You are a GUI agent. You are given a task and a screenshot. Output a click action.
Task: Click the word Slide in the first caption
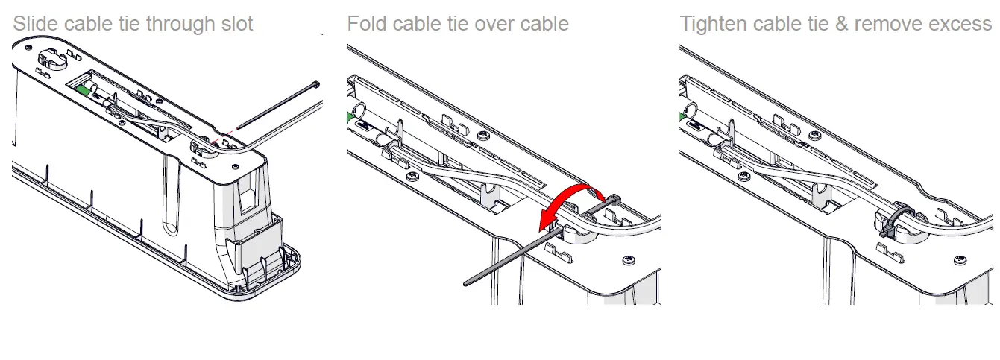coord(33,24)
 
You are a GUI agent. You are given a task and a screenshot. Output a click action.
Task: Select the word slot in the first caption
coord(235,24)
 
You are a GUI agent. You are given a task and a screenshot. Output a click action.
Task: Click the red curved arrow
coord(574,196)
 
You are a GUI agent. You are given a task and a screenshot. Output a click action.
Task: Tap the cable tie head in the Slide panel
coord(316,84)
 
